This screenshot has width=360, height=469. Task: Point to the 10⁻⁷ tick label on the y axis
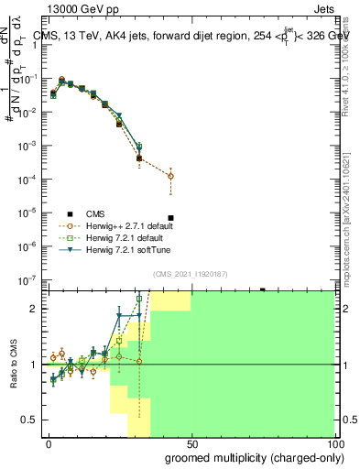click(x=30, y=279)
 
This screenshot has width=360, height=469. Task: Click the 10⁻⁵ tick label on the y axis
click(x=30, y=213)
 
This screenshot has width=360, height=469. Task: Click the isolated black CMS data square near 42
click(x=171, y=244)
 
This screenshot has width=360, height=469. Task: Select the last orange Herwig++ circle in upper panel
click(x=171, y=176)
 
